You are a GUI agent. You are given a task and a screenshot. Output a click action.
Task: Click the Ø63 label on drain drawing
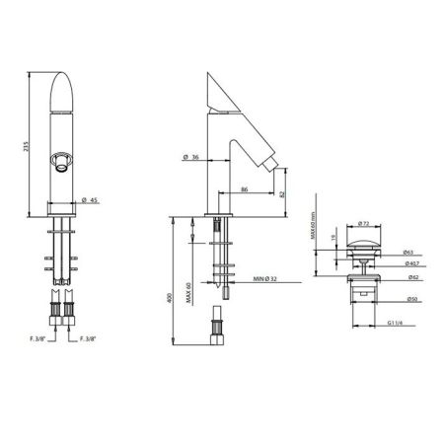point(407,253)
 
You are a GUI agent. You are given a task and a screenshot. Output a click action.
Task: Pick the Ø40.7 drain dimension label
point(407,263)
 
